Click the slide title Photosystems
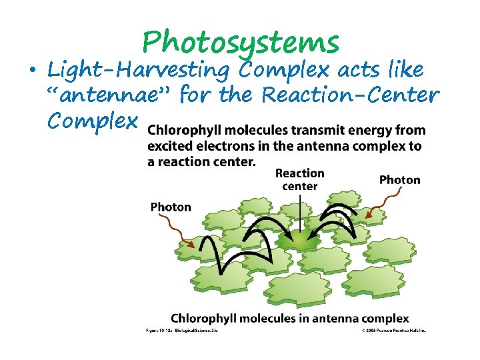click(x=241, y=43)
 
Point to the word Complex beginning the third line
click(x=92, y=121)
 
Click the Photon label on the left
click(x=171, y=207)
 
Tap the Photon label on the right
click(x=399, y=179)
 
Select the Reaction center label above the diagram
click(x=300, y=179)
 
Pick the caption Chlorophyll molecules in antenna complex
click(x=290, y=319)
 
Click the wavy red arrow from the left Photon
click(x=185, y=235)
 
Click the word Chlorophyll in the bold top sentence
click(x=181, y=131)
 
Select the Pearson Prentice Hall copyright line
click(x=393, y=331)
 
